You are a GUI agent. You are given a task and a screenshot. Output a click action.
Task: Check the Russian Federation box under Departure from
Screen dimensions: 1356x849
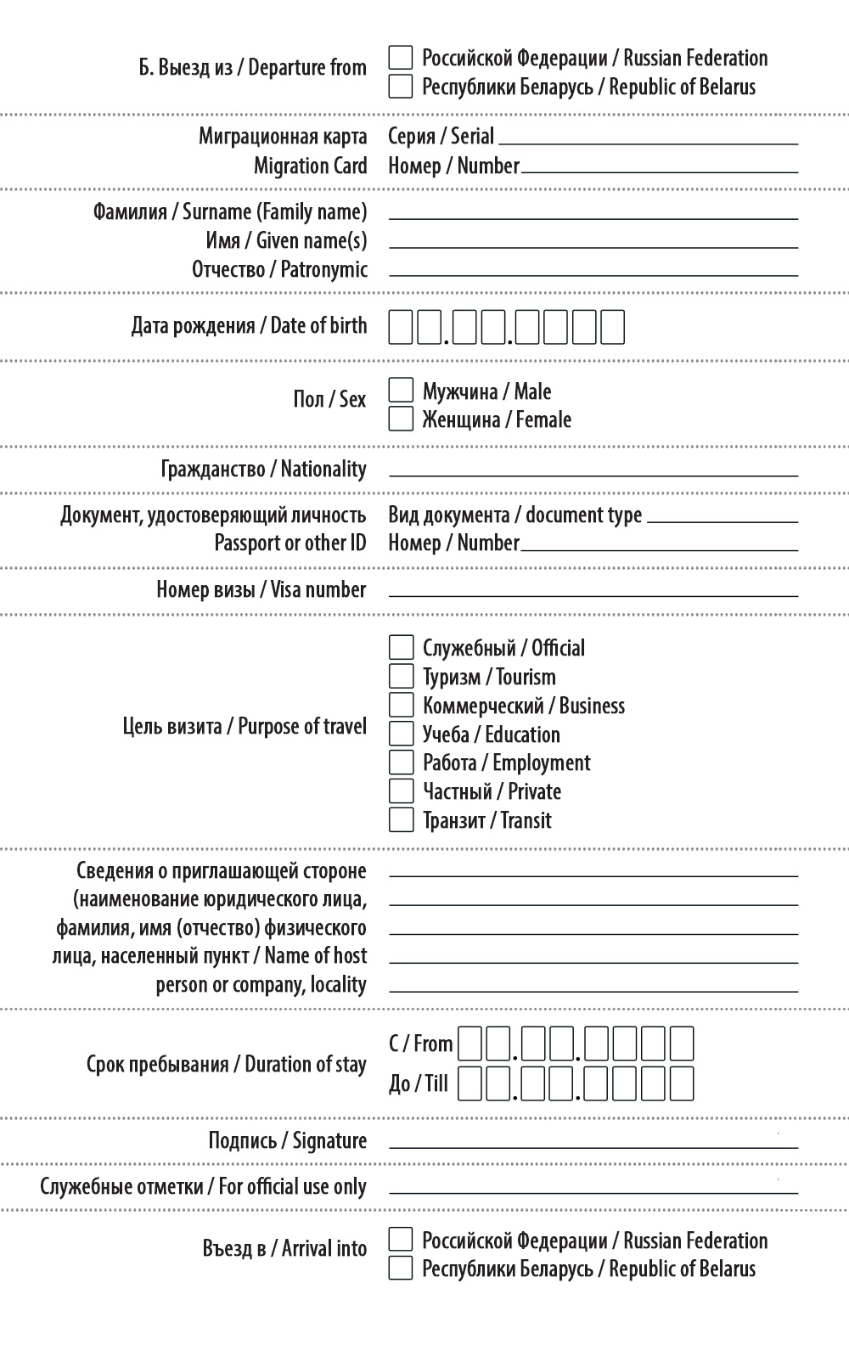[x=401, y=58]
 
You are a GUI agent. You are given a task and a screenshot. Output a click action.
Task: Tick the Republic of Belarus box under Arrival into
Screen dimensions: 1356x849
[x=401, y=1268]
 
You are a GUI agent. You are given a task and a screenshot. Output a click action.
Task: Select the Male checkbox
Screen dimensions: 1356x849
[x=401, y=391]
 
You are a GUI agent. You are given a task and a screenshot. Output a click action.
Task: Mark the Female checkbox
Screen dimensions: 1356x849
[x=401, y=419]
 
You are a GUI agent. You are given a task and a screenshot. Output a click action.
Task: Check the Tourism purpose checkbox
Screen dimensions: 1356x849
[x=401, y=677]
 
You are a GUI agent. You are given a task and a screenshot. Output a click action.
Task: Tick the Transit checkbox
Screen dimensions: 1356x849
[x=401, y=819]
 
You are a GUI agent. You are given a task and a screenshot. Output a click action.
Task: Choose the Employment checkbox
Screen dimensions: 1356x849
[x=401, y=762]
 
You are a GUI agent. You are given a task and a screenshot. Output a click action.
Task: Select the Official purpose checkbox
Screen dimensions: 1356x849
[x=401, y=648]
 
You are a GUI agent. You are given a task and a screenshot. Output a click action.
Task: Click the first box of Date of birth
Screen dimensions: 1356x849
[x=401, y=327]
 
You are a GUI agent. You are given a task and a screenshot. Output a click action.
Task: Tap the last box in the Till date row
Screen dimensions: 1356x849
[x=682, y=1083]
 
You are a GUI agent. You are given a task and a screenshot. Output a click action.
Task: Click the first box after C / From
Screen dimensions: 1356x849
[x=469, y=1044]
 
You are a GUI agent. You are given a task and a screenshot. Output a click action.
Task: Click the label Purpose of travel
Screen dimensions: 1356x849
[x=245, y=726]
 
